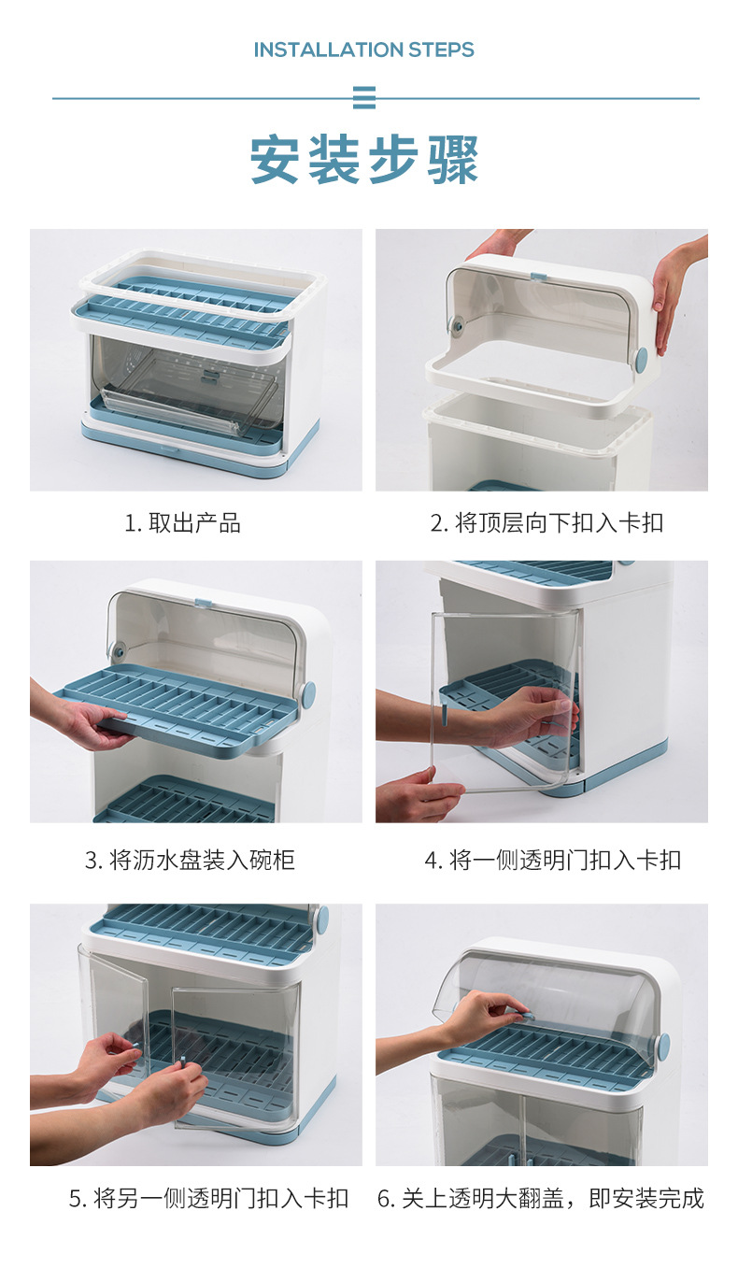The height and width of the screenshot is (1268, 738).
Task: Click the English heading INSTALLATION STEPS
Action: click(x=364, y=50)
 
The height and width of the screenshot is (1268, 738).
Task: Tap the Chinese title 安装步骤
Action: click(x=364, y=160)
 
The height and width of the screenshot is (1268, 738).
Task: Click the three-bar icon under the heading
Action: click(x=364, y=98)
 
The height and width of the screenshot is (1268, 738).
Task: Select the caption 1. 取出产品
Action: click(x=183, y=523)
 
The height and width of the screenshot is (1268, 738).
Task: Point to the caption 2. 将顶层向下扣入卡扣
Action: click(x=546, y=523)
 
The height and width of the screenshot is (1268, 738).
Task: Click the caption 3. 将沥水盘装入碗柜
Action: click(x=190, y=860)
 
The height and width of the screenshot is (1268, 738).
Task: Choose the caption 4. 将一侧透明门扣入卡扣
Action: click(x=553, y=860)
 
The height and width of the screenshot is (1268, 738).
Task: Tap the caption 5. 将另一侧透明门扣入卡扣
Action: click(x=208, y=1198)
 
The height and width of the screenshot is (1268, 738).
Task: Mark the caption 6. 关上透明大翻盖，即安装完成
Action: click(x=541, y=1198)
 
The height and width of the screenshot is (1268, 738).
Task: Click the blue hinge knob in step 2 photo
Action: click(x=641, y=360)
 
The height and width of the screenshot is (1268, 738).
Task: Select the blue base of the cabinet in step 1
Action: click(x=201, y=458)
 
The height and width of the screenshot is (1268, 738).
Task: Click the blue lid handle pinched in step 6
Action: click(x=526, y=1015)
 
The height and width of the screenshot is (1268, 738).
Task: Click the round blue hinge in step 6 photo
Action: click(x=663, y=1046)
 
